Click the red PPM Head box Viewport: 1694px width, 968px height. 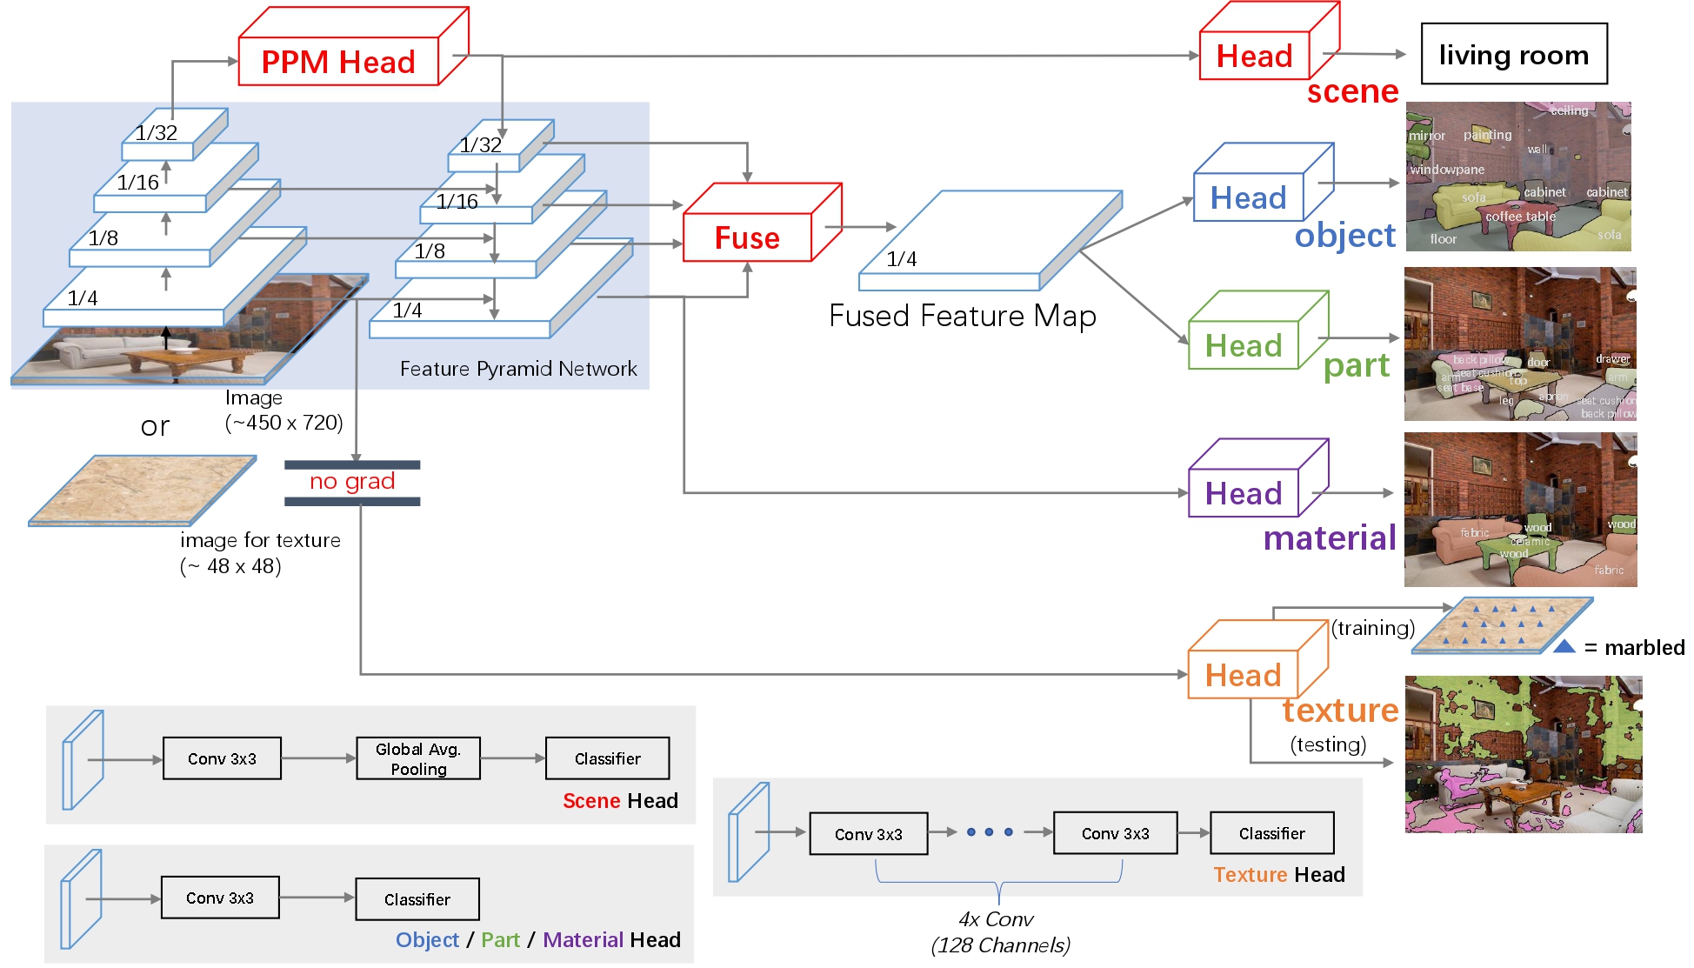coord(338,62)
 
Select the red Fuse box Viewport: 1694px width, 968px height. coord(747,237)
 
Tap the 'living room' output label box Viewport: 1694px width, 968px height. coord(1513,54)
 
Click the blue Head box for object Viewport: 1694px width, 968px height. coord(1248,198)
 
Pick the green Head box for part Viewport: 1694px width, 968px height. coord(1243,345)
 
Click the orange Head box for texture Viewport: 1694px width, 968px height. coord(1243,675)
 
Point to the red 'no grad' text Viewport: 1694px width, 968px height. coord(352,481)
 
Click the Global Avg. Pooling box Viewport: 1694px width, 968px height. coord(418,758)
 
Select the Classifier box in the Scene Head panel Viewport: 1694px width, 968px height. coord(607,758)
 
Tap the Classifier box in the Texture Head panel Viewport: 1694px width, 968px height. coord(1271,833)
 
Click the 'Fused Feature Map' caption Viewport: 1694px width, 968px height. coord(962,316)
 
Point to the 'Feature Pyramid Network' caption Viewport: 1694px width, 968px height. coord(518,369)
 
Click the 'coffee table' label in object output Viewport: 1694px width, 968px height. coord(1520,217)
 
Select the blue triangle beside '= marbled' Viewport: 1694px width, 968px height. coord(1564,646)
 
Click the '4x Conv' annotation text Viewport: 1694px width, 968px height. coord(996,919)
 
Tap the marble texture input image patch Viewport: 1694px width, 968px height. coord(143,489)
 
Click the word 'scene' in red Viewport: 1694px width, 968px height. coord(1352,91)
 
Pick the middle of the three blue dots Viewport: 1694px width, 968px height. coord(989,832)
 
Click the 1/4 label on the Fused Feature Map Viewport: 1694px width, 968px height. coord(901,259)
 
